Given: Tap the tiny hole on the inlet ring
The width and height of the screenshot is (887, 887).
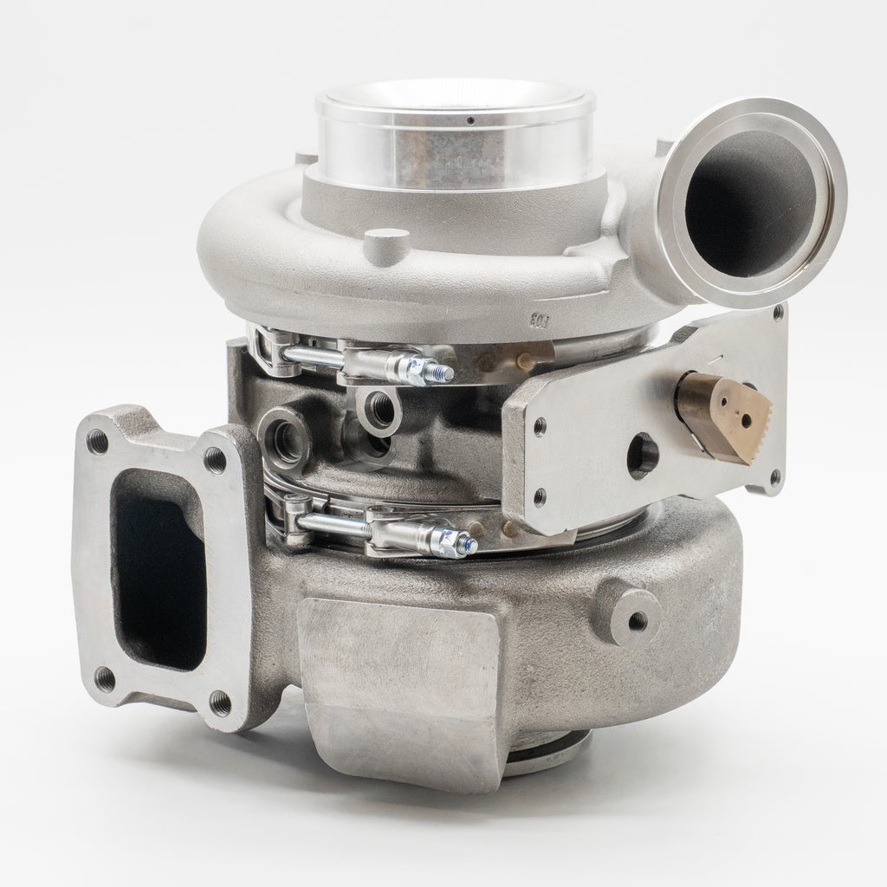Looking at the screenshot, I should [x=469, y=121].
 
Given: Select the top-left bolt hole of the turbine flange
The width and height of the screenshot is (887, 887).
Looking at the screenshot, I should [x=100, y=442].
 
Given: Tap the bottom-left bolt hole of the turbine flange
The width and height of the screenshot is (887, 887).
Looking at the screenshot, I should [x=105, y=676].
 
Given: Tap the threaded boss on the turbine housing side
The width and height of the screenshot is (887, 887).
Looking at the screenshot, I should [x=637, y=619].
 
